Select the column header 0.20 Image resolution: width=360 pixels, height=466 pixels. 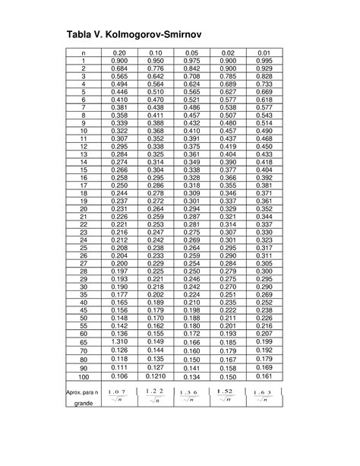119,52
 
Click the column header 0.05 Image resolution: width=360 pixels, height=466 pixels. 192,52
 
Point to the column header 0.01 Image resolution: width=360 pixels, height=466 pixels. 264,52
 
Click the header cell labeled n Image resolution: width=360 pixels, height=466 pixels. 83,52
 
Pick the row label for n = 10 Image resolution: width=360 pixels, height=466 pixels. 83,132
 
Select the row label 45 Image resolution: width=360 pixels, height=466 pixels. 83,310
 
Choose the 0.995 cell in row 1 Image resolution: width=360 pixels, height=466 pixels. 264,60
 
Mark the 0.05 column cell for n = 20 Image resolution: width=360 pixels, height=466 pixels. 192,208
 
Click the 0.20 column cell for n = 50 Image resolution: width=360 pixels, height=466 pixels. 119,318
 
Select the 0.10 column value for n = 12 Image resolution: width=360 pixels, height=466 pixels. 156,146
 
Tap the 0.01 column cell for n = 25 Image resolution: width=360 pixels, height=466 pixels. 264,248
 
